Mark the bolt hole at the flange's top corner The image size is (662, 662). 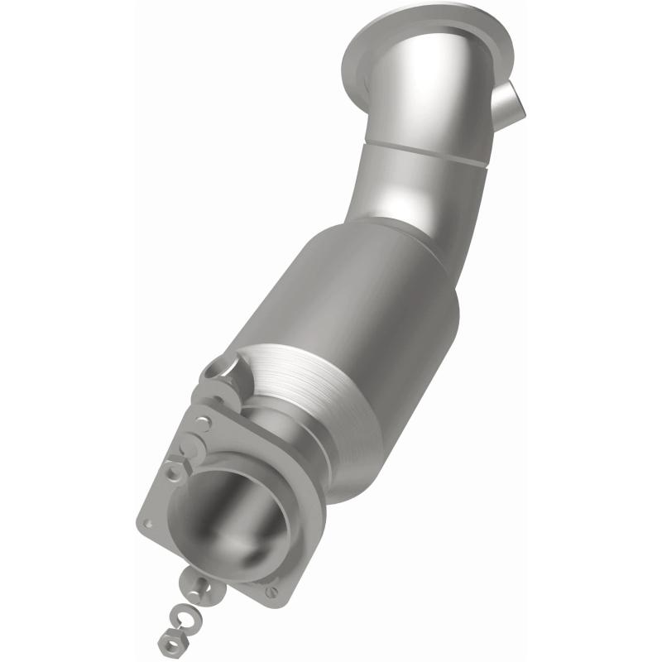[204, 422]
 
